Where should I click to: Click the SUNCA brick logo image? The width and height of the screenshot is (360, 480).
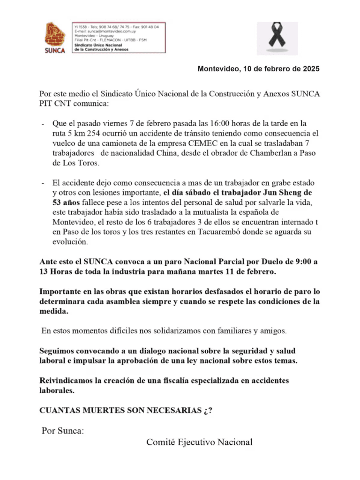point(55,37)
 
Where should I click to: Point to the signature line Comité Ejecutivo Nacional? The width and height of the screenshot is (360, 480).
point(199,442)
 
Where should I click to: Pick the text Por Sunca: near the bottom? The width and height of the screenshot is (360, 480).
point(63,431)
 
